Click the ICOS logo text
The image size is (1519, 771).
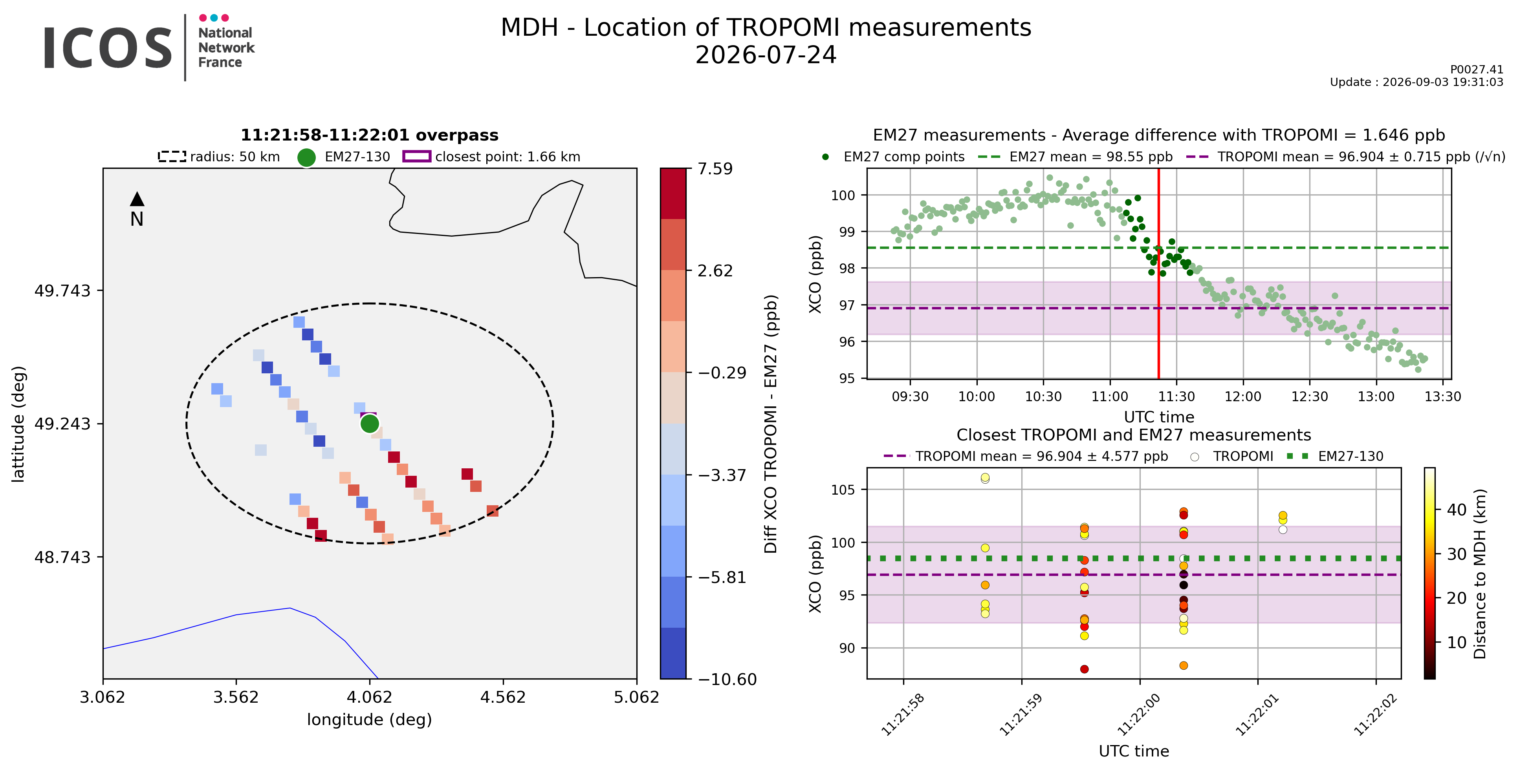108,48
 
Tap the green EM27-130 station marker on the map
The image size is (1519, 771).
369,423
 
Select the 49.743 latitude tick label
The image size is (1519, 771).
62,290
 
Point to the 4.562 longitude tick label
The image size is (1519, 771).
502,697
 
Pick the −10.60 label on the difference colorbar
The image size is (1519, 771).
727,680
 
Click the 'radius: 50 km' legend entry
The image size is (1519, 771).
219,157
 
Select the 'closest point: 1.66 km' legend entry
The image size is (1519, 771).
491,157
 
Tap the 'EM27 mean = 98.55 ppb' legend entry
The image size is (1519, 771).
1075,157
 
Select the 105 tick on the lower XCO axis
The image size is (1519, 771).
843,490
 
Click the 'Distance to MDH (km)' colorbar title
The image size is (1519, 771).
1479,574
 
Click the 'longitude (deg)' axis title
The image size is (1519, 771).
370,720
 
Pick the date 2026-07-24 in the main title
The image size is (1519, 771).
766,55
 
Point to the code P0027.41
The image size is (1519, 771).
1477,69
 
